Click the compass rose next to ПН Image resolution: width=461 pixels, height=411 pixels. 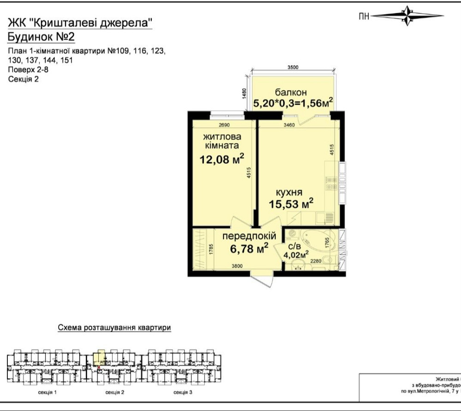408,16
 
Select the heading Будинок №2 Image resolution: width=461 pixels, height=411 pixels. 41,37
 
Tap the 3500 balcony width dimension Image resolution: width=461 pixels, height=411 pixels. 292,67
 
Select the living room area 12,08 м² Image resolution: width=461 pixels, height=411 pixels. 222,160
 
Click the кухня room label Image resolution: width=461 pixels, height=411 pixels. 289,192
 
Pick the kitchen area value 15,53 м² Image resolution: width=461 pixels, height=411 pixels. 291,203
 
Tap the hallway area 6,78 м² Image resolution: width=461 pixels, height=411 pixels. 249,249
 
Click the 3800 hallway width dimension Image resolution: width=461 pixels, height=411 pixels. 237,266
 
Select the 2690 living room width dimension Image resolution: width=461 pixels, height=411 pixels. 224,125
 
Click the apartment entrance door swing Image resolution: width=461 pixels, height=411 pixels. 261,280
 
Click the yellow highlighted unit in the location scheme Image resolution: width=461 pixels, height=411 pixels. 99,357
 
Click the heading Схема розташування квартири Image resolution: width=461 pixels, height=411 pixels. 114,328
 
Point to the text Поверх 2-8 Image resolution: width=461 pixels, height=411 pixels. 28,70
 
